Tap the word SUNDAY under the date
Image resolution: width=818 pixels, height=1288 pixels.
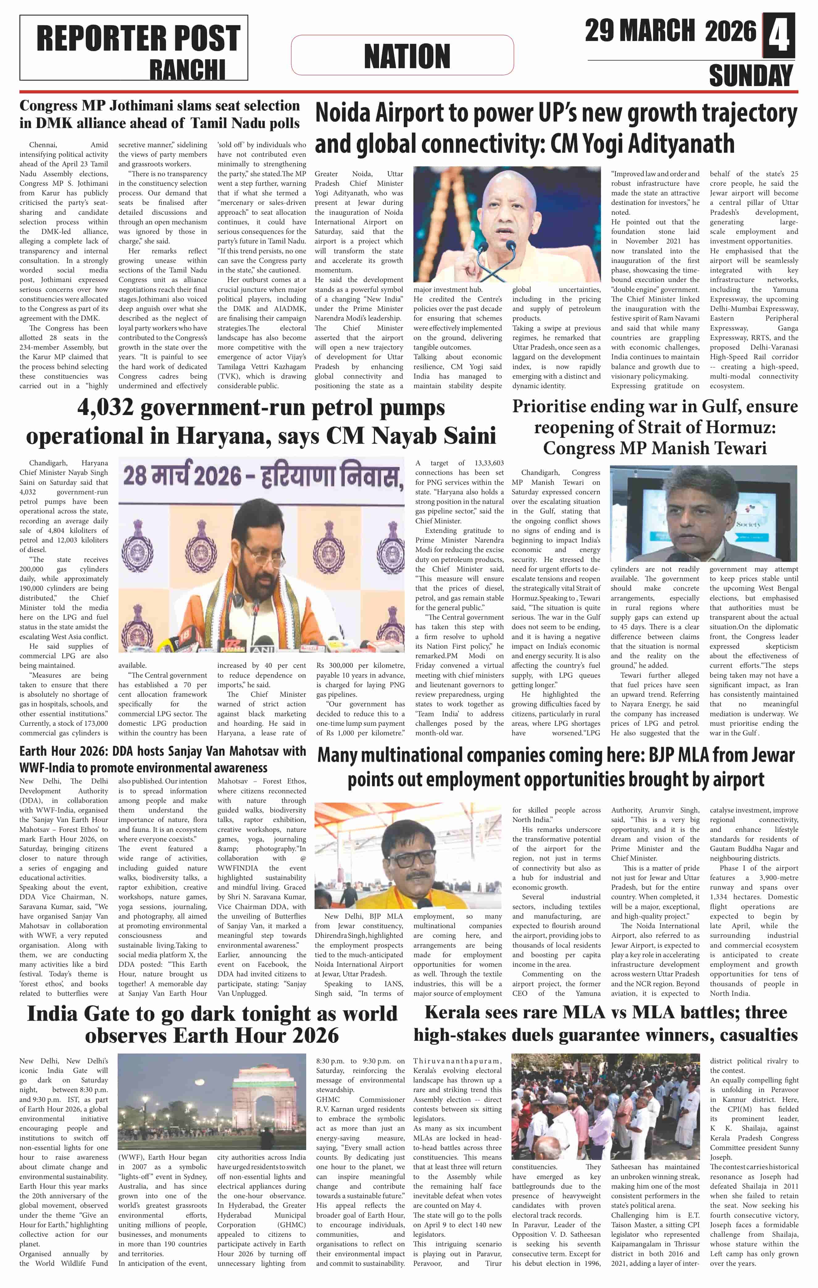[x=751, y=76]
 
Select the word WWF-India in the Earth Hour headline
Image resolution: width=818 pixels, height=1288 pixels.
[x=49, y=767]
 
